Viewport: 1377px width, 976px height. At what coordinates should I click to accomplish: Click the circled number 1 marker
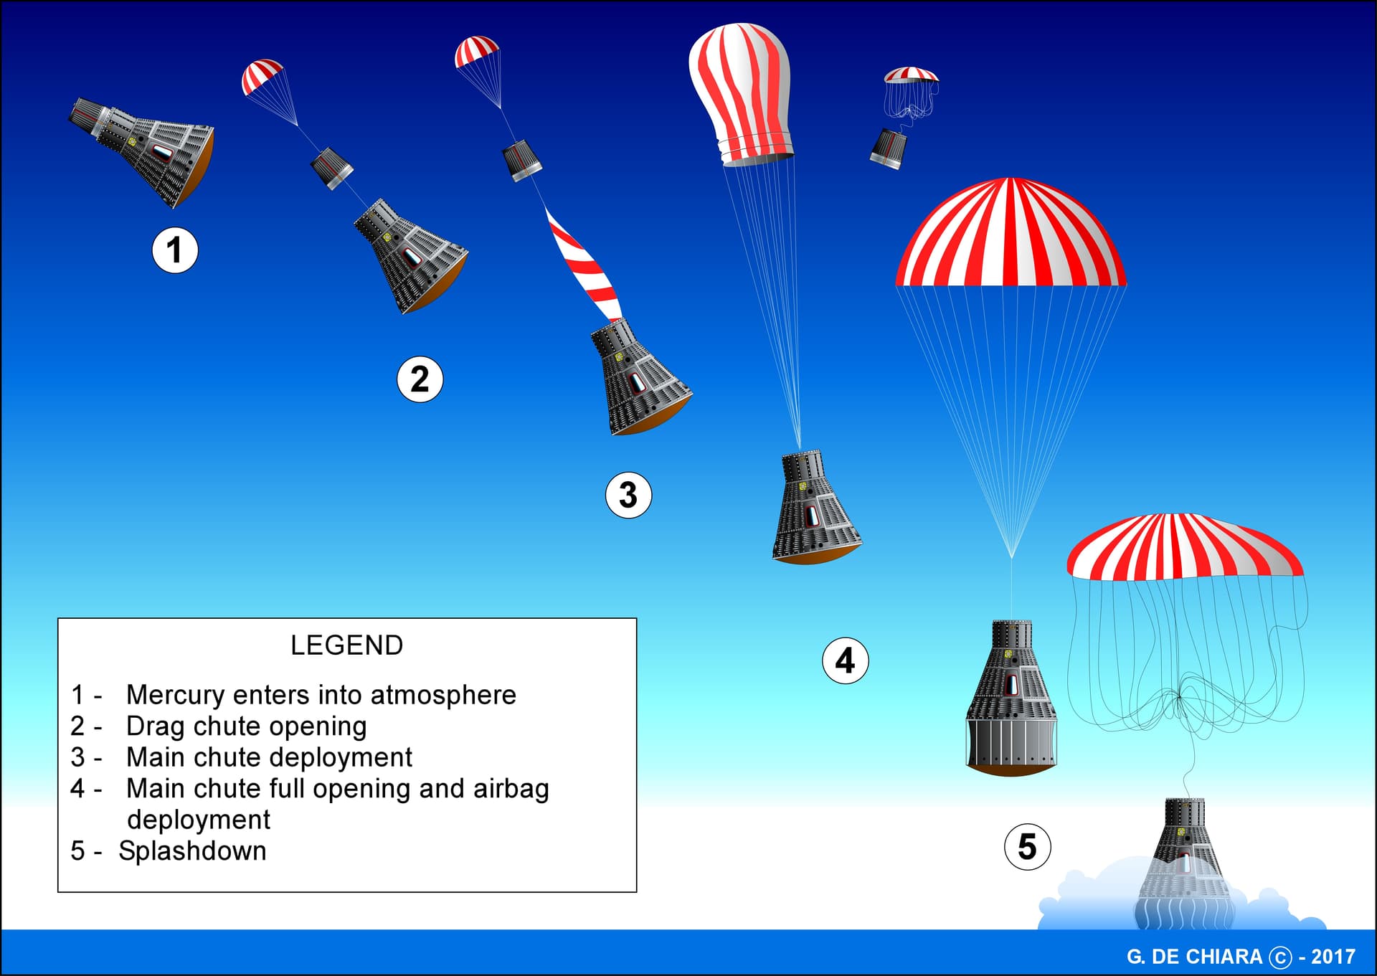[x=175, y=250]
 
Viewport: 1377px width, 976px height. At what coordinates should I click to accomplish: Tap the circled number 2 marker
[x=420, y=379]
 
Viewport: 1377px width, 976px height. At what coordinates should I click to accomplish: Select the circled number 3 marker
[x=628, y=495]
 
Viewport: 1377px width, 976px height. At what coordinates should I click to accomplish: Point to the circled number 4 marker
[x=845, y=660]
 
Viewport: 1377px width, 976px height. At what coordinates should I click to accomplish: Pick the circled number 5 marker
[x=1027, y=847]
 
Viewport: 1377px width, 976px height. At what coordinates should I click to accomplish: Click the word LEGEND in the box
[x=346, y=645]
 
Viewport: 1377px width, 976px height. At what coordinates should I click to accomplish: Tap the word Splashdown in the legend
[x=192, y=851]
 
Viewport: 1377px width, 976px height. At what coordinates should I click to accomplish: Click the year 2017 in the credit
[x=1333, y=957]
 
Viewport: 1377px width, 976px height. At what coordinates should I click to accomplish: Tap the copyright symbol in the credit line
[x=1280, y=957]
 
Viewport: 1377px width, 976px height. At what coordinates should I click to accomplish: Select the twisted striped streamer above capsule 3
[x=583, y=264]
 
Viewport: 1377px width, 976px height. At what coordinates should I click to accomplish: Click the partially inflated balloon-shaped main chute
[x=741, y=93]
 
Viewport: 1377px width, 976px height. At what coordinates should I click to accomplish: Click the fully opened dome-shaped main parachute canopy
[x=1011, y=232]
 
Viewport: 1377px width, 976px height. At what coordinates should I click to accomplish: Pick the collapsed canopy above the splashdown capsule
[x=1185, y=546]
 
